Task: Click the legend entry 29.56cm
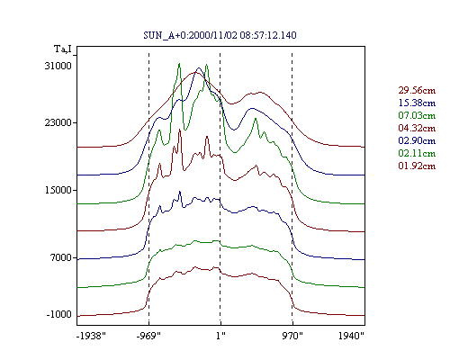pyautogui.click(x=417, y=90)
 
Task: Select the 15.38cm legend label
pyautogui.click(x=417, y=103)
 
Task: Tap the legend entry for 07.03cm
pyautogui.click(x=417, y=115)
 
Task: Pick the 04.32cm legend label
pyautogui.click(x=417, y=128)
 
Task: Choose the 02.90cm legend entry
pyautogui.click(x=417, y=140)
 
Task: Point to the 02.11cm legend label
pyautogui.click(x=417, y=153)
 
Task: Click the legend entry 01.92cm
pyautogui.click(x=417, y=166)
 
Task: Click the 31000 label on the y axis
pyautogui.click(x=58, y=66)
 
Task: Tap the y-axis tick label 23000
pyautogui.click(x=58, y=122)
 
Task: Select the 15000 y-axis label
pyautogui.click(x=58, y=190)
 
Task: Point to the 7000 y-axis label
pyautogui.click(x=61, y=257)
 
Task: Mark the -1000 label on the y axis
pyautogui.click(x=59, y=314)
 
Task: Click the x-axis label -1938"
pyautogui.click(x=91, y=336)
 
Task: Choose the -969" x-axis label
pyautogui.click(x=148, y=336)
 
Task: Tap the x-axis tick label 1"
pyautogui.click(x=220, y=336)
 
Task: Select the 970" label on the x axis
pyautogui.click(x=292, y=336)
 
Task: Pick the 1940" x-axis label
pyautogui.click(x=351, y=336)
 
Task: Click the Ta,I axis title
pyautogui.click(x=63, y=49)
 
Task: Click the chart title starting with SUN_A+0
pyautogui.click(x=220, y=35)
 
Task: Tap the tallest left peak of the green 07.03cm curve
pyautogui.click(x=179, y=64)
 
